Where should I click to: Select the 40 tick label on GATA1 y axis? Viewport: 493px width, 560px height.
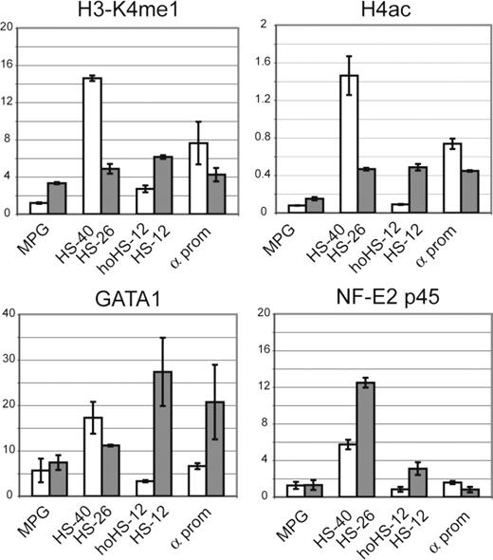tap(9, 312)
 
